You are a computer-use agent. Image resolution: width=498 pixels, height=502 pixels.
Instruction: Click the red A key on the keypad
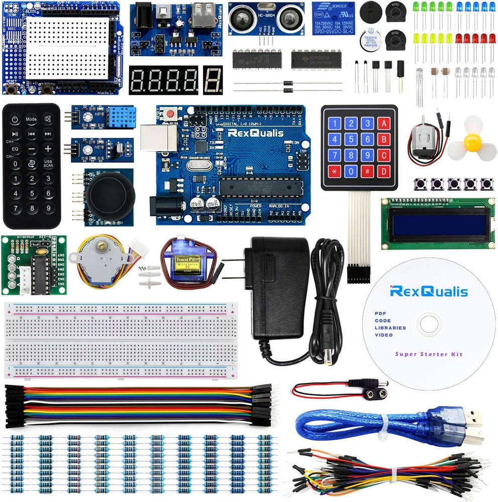tap(384, 123)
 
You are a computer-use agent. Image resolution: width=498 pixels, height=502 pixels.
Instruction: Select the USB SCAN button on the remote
tap(48, 163)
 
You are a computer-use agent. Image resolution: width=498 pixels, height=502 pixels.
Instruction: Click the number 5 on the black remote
tap(32, 193)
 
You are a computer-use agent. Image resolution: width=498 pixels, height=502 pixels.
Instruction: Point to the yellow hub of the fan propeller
tap(472, 143)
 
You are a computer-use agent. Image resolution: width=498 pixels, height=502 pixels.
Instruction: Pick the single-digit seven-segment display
tap(213, 80)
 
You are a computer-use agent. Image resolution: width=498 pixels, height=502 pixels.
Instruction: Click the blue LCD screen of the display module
tap(437, 223)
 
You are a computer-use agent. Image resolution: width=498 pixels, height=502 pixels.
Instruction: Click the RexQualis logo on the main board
tap(255, 133)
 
